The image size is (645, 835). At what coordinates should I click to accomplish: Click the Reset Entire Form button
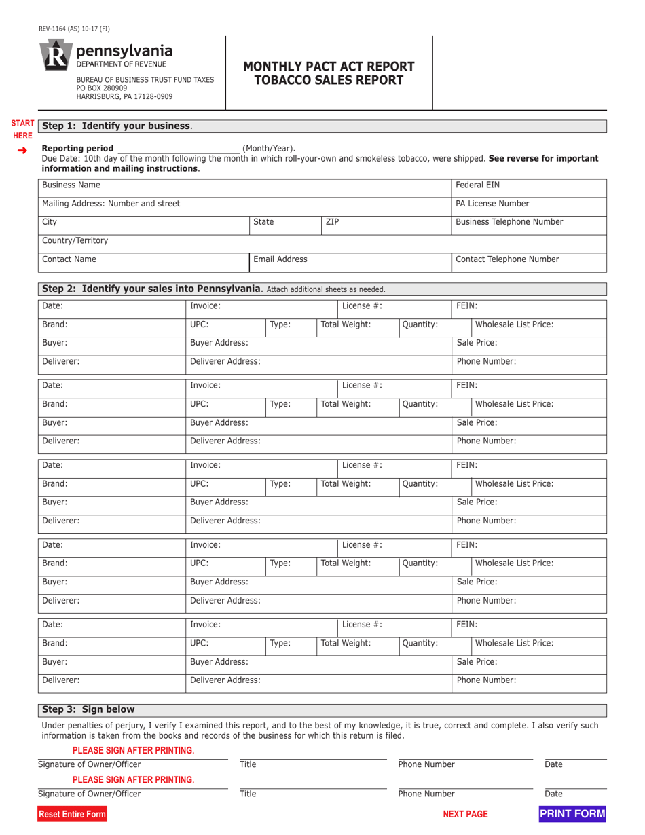pyautogui.click(x=72, y=814)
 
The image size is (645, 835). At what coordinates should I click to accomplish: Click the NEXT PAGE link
pyautogui.click(x=465, y=814)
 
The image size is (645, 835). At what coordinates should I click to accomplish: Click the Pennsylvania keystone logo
pyautogui.click(x=56, y=56)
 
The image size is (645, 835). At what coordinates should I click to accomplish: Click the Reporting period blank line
pyautogui.click(x=179, y=148)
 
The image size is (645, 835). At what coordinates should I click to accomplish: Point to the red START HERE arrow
pyautogui.click(x=22, y=149)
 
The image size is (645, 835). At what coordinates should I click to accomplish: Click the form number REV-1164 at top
pyautogui.click(x=74, y=29)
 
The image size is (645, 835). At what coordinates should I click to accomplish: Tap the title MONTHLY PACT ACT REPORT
pyautogui.click(x=329, y=67)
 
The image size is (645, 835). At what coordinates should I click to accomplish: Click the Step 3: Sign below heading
pyautogui.click(x=89, y=709)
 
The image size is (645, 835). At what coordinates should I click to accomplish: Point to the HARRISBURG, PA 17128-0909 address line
pyautogui.click(x=124, y=96)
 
